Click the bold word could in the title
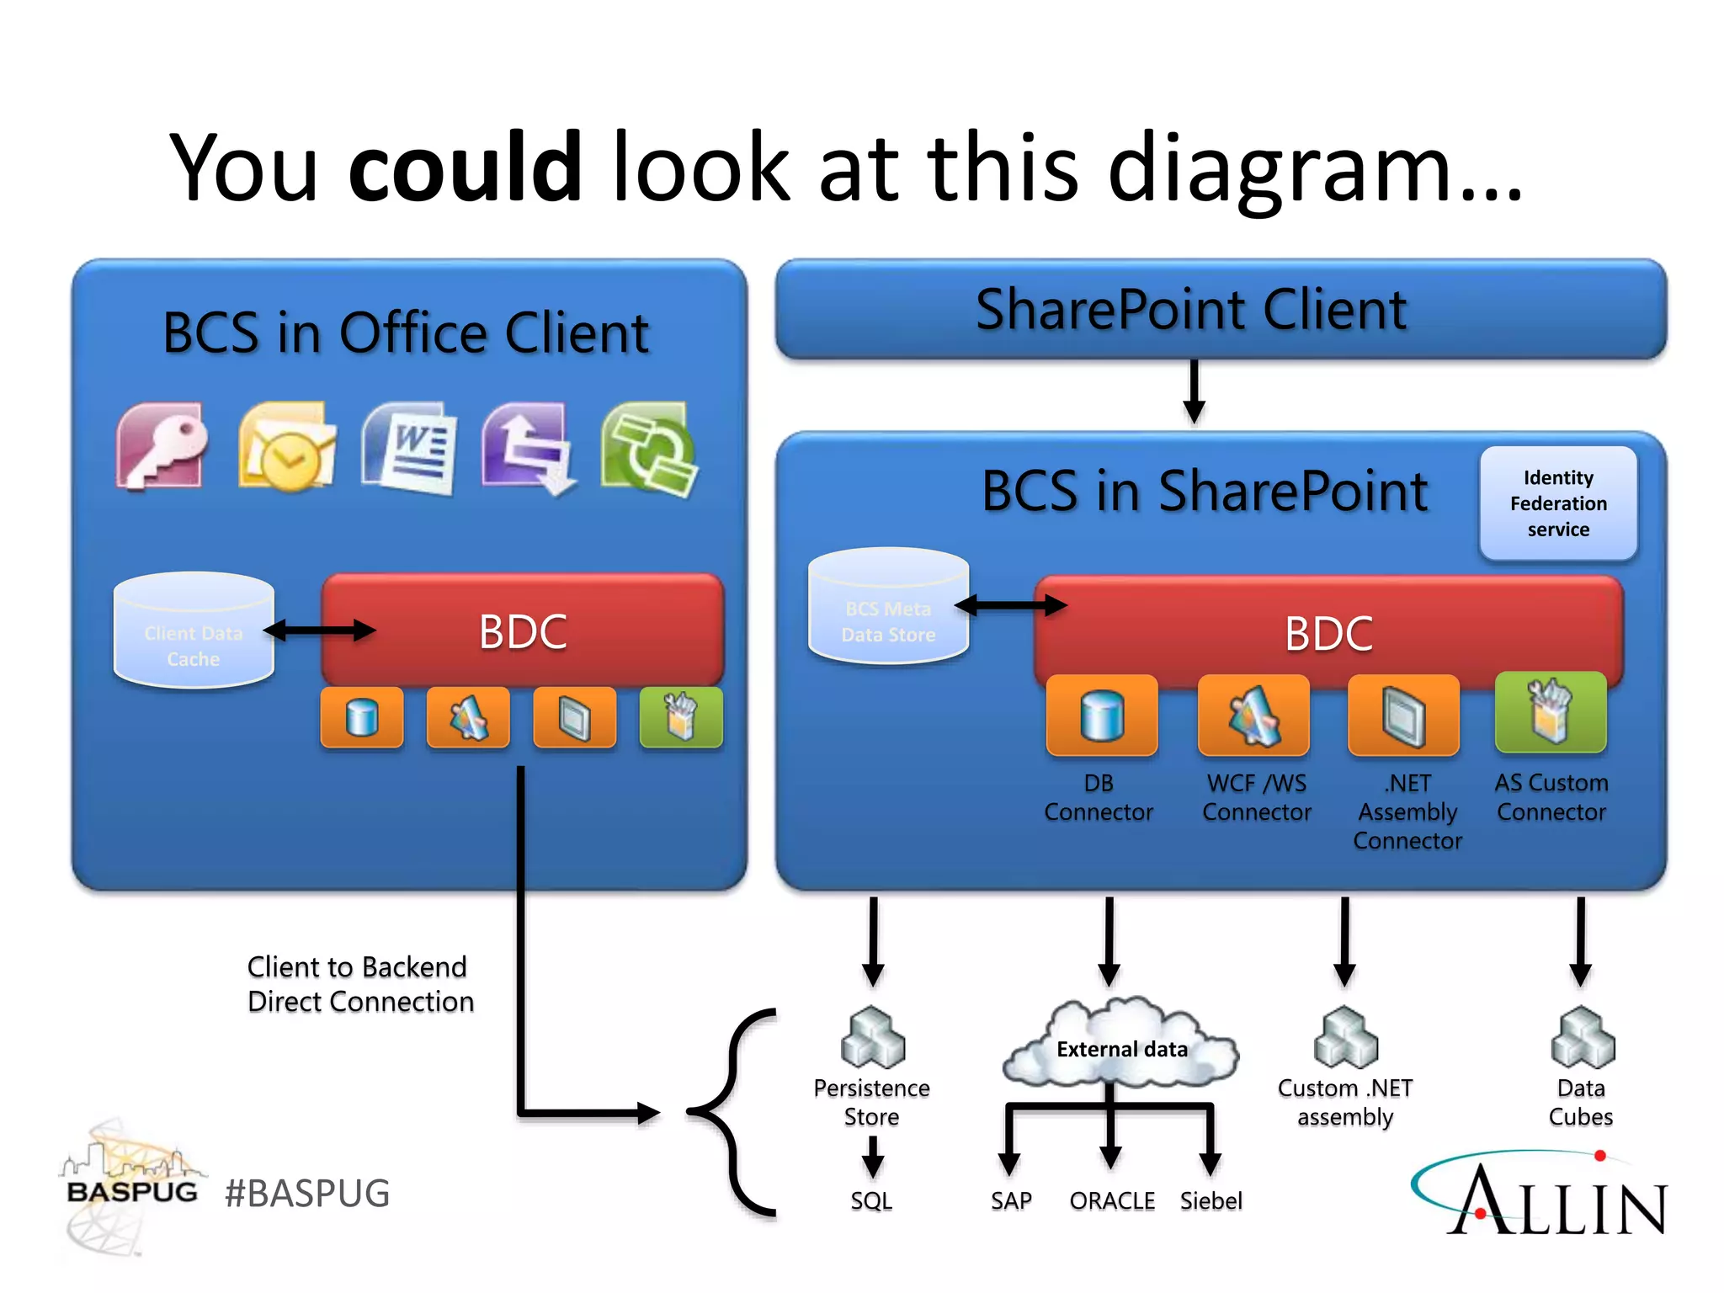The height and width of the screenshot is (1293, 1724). (465, 168)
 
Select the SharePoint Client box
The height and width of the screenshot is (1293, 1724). (1221, 310)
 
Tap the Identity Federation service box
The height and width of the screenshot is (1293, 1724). (1558, 503)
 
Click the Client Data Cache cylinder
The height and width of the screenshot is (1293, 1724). (194, 631)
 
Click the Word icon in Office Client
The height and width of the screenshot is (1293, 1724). (411, 448)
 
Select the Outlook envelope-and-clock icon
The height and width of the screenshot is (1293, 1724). (287, 447)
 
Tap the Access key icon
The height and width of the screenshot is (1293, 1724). (162, 446)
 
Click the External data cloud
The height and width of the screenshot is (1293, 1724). (1121, 1044)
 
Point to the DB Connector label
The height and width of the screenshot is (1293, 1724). (1098, 797)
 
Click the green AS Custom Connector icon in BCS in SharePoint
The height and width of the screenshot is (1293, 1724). (1550, 713)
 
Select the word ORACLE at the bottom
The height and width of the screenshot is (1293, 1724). (1112, 1200)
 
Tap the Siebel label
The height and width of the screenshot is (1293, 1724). (1211, 1200)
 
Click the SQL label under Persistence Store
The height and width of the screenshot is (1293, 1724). (870, 1200)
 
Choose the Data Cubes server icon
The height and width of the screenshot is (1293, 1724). (1582, 1037)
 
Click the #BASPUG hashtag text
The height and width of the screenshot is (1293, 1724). (307, 1194)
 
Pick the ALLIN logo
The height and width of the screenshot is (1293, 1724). (1540, 1195)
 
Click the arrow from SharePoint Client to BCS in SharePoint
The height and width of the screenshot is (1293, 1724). (1194, 391)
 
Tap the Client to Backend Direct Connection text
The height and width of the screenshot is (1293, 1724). (360, 984)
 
